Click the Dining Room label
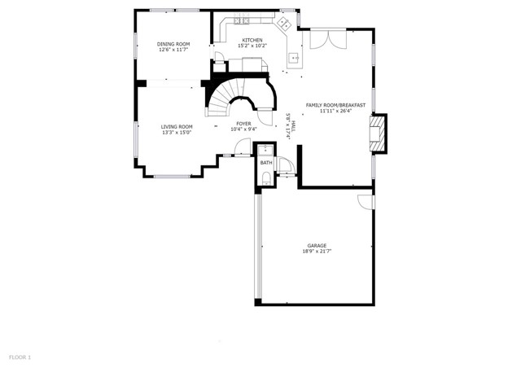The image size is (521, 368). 173,44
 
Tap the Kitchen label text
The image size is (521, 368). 252,39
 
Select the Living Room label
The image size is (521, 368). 177,126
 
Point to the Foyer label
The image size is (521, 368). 243,123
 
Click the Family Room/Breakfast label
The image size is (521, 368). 335,105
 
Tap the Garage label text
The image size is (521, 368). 317,245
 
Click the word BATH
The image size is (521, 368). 266,163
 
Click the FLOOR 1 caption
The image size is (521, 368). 20,357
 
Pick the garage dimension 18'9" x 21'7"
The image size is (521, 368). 317,252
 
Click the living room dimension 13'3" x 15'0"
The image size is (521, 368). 177,133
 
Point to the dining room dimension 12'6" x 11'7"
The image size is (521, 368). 173,50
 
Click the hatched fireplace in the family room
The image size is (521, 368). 378,133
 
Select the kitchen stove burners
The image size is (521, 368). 242,20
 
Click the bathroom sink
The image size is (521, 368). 265,150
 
